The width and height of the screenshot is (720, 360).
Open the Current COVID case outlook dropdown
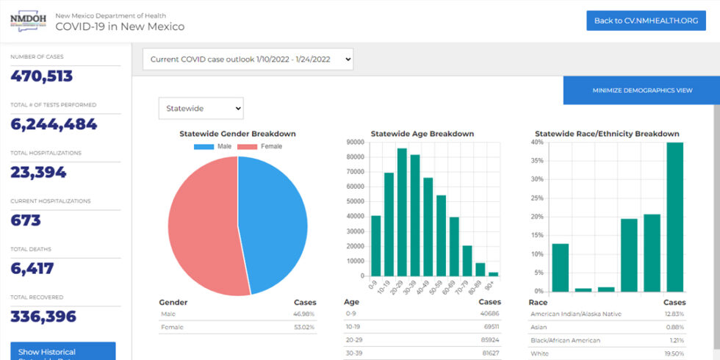point(248,60)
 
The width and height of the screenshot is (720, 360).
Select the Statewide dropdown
point(201,109)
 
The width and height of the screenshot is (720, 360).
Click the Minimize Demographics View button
point(642,90)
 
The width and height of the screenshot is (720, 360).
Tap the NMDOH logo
point(28,21)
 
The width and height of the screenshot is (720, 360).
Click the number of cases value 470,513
point(42,76)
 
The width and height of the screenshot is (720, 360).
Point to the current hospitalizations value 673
point(26,220)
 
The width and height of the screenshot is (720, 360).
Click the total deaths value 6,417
point(32,269)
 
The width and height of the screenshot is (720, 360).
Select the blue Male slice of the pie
point(276,220)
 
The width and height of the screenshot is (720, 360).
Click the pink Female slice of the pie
point(202,228)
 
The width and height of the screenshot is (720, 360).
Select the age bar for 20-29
point(402,212)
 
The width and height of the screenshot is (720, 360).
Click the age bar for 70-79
point(467,261)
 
